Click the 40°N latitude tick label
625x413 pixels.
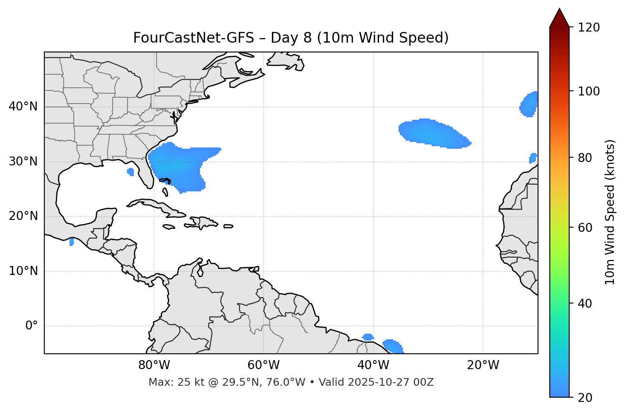point(23,107)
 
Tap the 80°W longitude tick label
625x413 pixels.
point(154,365)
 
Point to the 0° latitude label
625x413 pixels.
point(32,326)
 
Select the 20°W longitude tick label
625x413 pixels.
point(483,365)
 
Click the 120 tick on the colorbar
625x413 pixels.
point(589,28)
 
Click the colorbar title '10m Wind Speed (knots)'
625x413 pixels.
point(610,212)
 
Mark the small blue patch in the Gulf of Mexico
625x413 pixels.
point(130,172)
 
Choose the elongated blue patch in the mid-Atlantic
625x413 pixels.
point(433,133)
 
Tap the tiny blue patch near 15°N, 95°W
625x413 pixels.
point(71,242)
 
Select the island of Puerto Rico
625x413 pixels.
point(228,226)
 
